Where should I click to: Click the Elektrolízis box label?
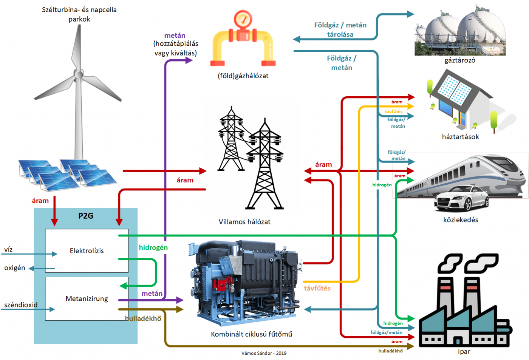point(87,250)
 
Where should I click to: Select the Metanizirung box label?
point(87,298)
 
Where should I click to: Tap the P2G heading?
point(86,216)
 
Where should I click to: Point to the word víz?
point(8,249)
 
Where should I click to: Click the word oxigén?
point(15,268)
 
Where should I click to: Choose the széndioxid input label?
point(21,305)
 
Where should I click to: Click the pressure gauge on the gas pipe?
point(243,19)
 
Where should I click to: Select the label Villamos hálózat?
point(244,222)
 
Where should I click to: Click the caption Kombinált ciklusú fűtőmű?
point(251,334)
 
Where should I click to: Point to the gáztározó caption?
point(459,60)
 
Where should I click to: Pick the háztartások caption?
point(460,137)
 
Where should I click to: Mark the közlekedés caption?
point(461,220)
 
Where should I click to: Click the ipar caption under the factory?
point(464,351)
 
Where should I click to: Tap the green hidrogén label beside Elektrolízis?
point(153,247)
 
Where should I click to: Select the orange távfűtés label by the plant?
point(317,288)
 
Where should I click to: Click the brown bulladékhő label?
point(143,318)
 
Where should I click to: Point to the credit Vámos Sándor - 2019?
point(264,353)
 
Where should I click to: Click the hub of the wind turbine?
point(79,74)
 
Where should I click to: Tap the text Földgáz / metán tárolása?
point(340,29)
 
